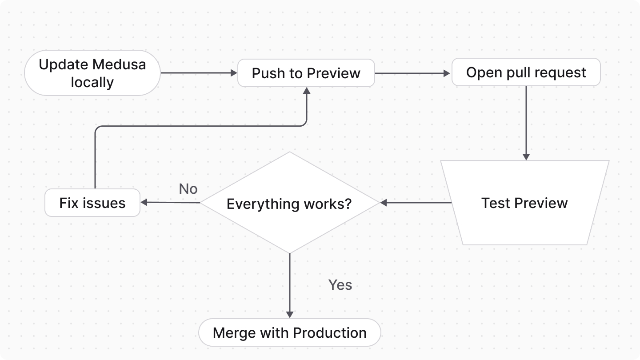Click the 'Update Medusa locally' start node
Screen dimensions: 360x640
[92, 73]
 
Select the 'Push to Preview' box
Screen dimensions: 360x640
[306, 73]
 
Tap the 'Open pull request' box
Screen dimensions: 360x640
[526, 72]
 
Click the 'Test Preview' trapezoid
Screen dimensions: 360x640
[524, 203]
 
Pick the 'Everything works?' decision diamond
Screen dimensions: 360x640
[289, 203]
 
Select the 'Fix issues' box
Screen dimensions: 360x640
[92, 203]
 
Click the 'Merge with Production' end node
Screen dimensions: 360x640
[289, 333]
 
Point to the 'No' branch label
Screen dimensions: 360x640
[188, 189]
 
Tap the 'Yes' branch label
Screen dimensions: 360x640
[340, 285]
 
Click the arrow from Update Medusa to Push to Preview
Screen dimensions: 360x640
[199, 73]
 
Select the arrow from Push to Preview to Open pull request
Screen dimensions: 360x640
[412, 73]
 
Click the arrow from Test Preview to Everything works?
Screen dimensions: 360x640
[416, 203]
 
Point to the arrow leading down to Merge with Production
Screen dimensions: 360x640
[289, 284]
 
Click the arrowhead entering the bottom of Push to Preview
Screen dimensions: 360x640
[306, 90]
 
